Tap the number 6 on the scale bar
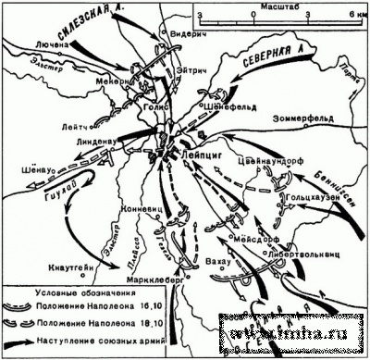339,15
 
